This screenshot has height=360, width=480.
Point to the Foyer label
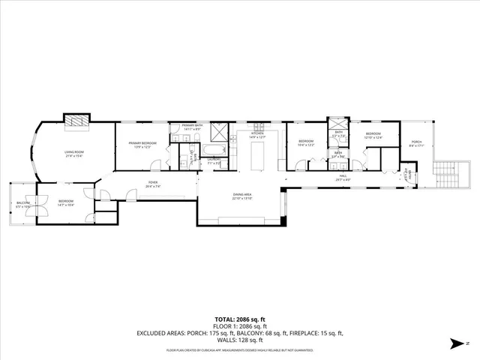pos(153,184)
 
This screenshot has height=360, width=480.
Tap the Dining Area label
pos(241,197)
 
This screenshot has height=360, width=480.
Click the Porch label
pos(416,143)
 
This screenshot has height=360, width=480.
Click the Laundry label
pos(214,160)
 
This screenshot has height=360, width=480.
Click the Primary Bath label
pos(192,127)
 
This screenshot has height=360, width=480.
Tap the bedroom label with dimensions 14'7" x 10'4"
pos(66,202)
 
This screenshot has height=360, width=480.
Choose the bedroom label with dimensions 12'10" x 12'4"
pos(373,137)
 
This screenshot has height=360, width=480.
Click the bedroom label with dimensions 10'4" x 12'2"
pos(307,142)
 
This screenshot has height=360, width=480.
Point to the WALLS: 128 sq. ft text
pos(239,339)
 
